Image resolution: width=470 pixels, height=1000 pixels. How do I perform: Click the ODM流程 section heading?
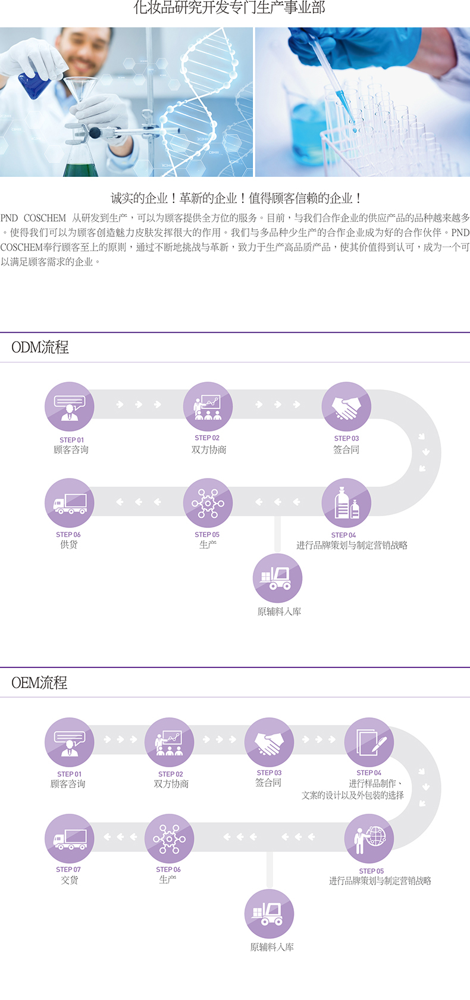tap(40, 348)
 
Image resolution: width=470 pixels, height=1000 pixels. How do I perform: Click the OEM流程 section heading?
tap(39, 683)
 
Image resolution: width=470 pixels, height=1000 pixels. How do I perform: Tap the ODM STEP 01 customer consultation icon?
tap(69, 407)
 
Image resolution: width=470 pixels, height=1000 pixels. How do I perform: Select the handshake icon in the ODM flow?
tap(346, 407)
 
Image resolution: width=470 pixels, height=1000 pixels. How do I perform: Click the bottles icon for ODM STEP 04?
tap(346, 503)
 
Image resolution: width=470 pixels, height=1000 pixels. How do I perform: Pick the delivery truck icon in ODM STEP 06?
tap(69, 503)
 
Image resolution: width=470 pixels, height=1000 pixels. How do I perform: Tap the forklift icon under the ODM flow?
tap(278, 578)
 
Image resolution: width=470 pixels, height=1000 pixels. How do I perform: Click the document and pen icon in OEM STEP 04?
tap(369, 742)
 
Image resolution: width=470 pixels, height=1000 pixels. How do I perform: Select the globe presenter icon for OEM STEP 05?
tap(369, 839)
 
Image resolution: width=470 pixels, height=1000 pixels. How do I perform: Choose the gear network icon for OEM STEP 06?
tap(169, 839)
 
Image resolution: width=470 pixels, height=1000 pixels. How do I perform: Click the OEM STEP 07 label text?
tap(68, 869)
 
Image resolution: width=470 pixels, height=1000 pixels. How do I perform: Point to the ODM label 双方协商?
tap(209, 449)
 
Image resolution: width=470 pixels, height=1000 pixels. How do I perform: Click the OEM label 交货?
tap(69, 880)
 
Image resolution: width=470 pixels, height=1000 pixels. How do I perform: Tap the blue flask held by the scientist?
tap(35, 85)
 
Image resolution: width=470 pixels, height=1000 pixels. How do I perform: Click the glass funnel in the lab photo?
tap(81, 89)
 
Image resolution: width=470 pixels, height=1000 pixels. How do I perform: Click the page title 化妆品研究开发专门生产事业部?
tap(230, 8)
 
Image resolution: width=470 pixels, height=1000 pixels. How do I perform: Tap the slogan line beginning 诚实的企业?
tap(237, 198)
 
